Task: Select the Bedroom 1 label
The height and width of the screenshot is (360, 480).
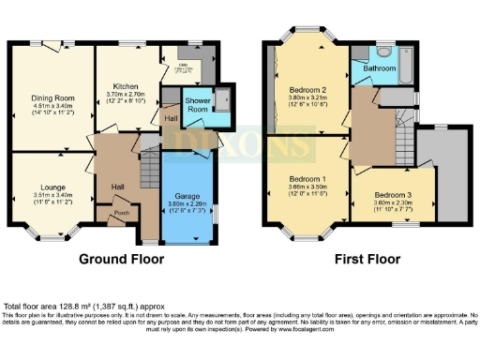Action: tap(307, 178)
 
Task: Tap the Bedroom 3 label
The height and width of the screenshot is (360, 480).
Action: tap(390, 192)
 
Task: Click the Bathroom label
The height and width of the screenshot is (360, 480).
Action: tap(380, 68)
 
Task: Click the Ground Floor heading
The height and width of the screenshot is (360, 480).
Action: tap(125, 259)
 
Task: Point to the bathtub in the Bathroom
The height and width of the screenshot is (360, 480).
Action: tap(406, 68)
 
